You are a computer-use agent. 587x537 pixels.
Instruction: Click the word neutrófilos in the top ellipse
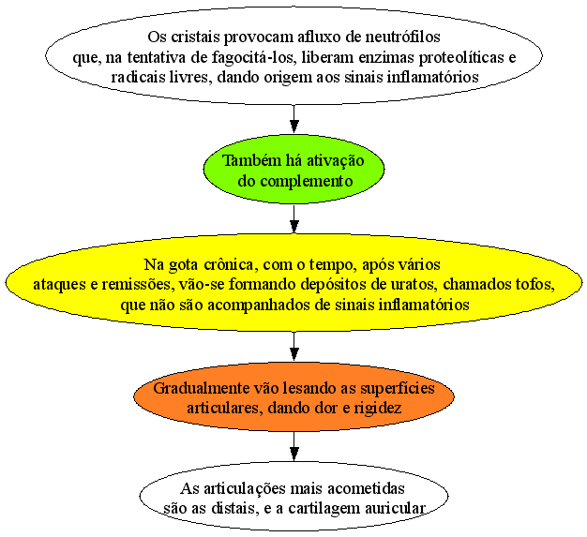click(402, 37)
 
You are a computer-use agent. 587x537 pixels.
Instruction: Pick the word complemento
click(307, 182)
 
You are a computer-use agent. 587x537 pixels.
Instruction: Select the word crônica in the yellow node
click(229, 264)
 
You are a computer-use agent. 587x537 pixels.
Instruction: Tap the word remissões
click(137, 284)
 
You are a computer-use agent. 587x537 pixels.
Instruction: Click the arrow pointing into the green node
click(294, 119)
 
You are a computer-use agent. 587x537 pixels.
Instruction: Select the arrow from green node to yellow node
click(294, 219)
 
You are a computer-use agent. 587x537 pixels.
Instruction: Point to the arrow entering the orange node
click(294, 347)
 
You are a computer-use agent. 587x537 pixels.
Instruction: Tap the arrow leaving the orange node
click(294, 446)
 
